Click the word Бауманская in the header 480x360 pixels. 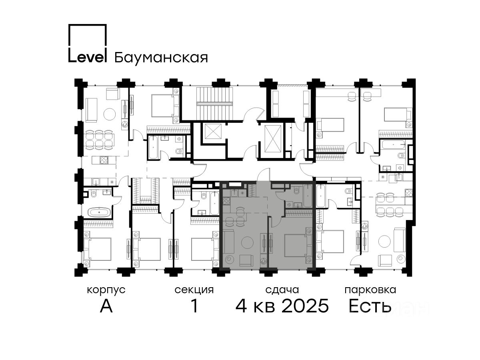coord(161,58)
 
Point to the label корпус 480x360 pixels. coord(106,290)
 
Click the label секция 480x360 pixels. coord(194,290)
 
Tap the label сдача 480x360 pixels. coord(282,290)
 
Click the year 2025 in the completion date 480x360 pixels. coord(305,306)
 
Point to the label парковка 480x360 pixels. coord(370,290)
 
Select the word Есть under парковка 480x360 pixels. coord(370,306)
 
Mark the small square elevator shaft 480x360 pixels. coord(213,131)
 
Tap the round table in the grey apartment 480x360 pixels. coord(247,242)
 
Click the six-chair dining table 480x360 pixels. coord(100,140)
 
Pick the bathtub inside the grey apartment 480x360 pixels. coord(308,196)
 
